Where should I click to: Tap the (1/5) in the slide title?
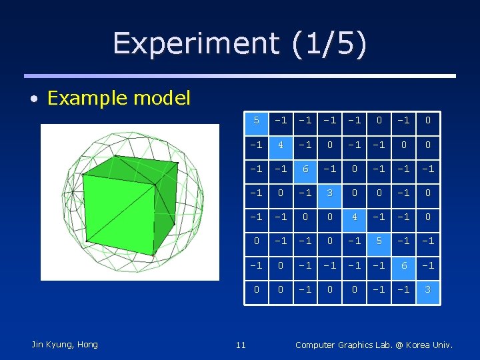point(328,44)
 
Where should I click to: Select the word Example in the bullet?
point(87,99)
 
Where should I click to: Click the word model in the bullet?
point(161,99)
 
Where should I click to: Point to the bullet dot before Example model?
point(33,100)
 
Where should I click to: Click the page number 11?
point(241,345)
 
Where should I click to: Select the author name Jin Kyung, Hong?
point(65,344)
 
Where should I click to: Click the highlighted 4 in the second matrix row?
point(281,145)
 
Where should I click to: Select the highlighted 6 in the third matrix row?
point(305,169)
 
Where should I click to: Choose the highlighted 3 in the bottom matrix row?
point(427,290)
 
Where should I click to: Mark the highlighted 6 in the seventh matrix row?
point(403,265)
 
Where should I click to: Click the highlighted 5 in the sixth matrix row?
point(379,241)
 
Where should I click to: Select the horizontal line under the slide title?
point(240,76)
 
